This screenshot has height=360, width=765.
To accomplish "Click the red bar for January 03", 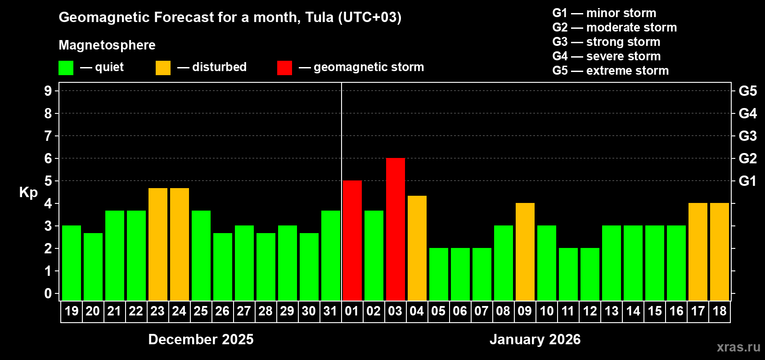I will click(396, 229).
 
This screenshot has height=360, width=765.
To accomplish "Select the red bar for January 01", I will click(352, 240).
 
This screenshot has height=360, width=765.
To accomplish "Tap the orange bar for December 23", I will click(158, 244).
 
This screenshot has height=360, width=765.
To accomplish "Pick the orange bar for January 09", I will click(525, 252).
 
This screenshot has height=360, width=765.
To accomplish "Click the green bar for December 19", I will click(72, 263).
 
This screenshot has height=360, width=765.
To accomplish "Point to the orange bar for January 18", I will click(720, 252).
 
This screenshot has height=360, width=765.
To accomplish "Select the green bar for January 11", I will click(568, 274).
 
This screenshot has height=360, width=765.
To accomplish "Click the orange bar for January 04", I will click(417, 248).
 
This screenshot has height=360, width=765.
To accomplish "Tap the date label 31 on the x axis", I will click(330, 311).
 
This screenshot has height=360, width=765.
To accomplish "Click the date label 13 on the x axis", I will click(612, 311).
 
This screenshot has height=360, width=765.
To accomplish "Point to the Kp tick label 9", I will click(48, 91).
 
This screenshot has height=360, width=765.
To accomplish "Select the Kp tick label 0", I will click(48, 294).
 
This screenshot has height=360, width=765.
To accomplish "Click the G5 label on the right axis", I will click(747, 91).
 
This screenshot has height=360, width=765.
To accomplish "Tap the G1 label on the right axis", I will click(747, 181).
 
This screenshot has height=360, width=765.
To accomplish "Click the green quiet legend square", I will click(66, 68).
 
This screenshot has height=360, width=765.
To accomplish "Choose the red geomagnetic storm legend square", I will click(284, 68).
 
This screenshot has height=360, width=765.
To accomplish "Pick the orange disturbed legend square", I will click(163, 68).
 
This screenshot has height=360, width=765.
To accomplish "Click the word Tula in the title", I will click(319, 18).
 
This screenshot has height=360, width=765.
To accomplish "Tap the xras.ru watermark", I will click(738, 347).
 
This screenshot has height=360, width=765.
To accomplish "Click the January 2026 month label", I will click(535, 339).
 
